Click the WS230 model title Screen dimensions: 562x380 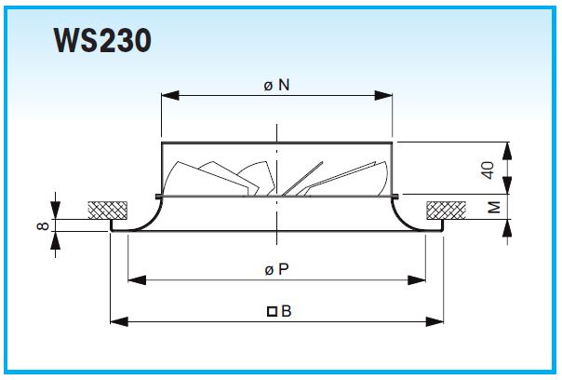102,41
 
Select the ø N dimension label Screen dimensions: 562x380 276,86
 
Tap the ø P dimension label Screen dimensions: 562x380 276,269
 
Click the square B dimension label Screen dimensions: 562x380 279,311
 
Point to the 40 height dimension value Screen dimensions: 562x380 488,170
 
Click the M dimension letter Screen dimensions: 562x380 494,208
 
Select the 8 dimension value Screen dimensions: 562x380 43,225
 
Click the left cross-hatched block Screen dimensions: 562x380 108,210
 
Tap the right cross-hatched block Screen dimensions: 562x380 447,210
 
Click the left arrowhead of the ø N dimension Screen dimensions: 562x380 170,95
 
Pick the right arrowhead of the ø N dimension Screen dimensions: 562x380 383,95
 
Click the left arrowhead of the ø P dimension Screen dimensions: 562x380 137,280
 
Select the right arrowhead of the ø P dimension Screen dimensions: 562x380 417,280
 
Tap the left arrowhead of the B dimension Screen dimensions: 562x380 119,321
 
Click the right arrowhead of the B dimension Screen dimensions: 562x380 435,321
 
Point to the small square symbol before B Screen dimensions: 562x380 272,311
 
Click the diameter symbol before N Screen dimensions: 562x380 268,87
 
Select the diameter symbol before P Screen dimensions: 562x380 269,270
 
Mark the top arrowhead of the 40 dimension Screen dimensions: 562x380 507,151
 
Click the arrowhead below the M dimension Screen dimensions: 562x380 507,227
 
